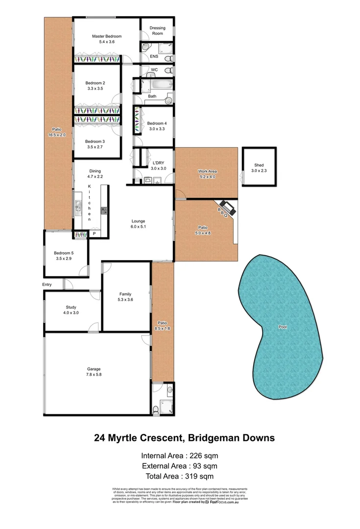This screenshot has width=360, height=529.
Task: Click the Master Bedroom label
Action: click(107, 36)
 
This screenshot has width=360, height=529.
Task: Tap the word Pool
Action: click(282, 327)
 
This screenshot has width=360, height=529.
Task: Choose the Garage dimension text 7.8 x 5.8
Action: click(94, 375)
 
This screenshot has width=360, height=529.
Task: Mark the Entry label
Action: click(47, 284)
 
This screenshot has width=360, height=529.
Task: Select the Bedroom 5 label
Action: click(64, 253)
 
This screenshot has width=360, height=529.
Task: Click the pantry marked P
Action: click(94, 235)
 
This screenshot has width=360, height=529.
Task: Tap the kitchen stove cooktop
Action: click(104, 211)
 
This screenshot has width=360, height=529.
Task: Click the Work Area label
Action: click(207, 171)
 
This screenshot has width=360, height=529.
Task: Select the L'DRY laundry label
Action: click(158, 162)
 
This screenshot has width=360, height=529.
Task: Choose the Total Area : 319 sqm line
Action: click(179, 476)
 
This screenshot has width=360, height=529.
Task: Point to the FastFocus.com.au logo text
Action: click(228, 502)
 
